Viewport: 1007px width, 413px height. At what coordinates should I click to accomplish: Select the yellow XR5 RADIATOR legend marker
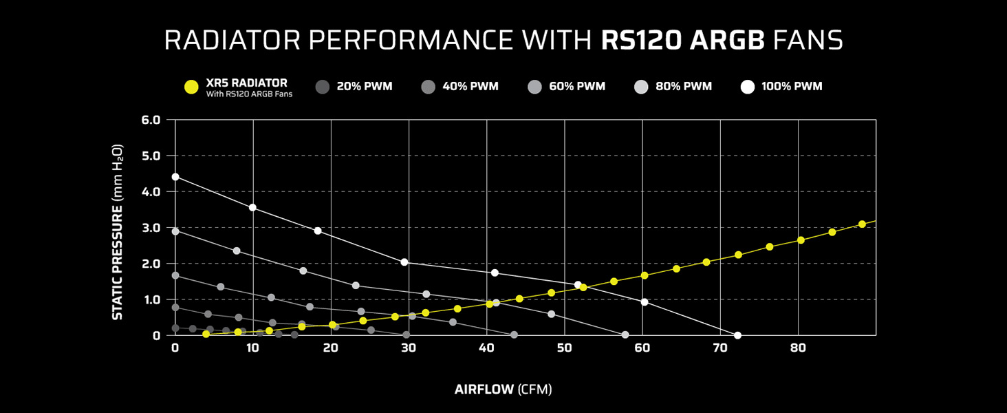click(x=192, y=87)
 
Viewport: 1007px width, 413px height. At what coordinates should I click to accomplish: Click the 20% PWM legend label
click(x=364, y=87)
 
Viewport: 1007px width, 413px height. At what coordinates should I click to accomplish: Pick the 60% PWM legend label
click(x=577, y=87)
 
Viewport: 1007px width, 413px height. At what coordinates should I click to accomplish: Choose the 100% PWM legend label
click(x=791, y=87)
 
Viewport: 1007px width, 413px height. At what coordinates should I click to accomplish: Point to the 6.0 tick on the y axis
click(x=151, y=120)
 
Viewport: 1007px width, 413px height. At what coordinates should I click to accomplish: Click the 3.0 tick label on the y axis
click(x=151, y=228)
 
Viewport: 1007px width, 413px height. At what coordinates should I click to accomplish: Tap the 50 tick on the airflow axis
click(x=564, y=348)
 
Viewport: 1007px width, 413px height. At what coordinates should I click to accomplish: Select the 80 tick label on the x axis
click(x=798, y=348)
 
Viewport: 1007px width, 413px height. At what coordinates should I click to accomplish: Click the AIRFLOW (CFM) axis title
click(x=503, y=390)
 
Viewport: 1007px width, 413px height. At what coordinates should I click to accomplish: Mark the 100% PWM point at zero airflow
click(x=175, y=177)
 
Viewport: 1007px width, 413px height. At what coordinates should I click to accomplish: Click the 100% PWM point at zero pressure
click(x=737, y=335)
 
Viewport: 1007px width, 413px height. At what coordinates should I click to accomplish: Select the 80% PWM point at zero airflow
click(x=175, y=231)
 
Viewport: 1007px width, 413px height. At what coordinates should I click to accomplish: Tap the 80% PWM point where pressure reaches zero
click(x=625, y=335)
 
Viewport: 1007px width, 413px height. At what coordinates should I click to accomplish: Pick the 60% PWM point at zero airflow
click(x=175, y=275)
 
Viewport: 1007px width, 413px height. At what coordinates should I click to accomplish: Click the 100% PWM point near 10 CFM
click(x=252, y=207)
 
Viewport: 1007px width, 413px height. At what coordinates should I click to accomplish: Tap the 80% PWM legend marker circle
click(x=640, y=87)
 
